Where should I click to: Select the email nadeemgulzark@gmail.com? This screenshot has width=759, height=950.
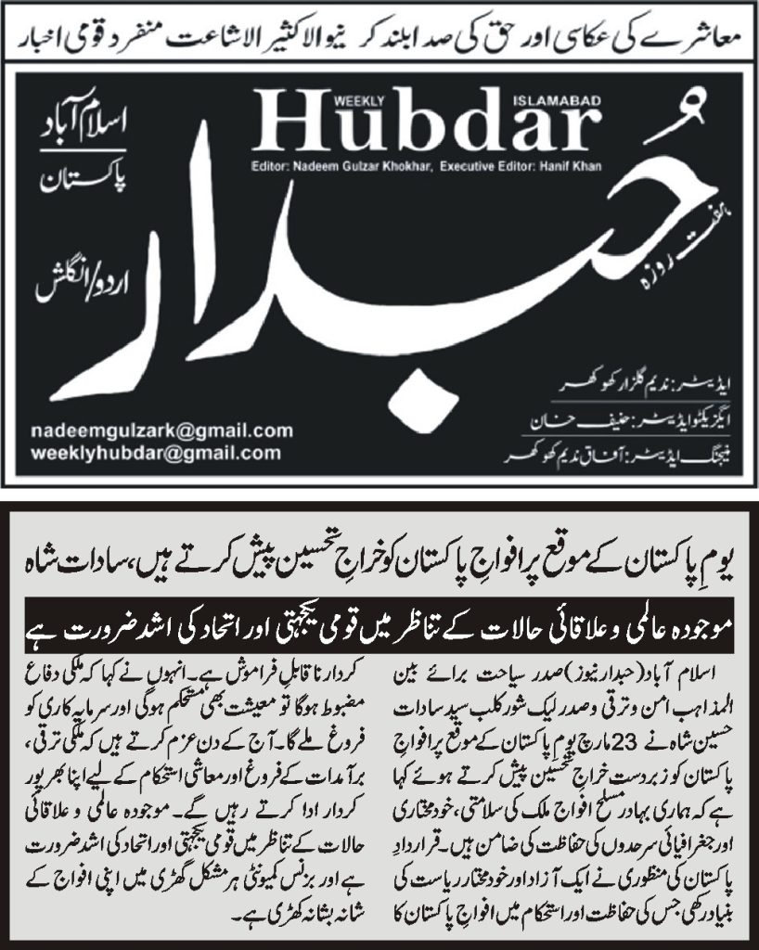161,431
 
